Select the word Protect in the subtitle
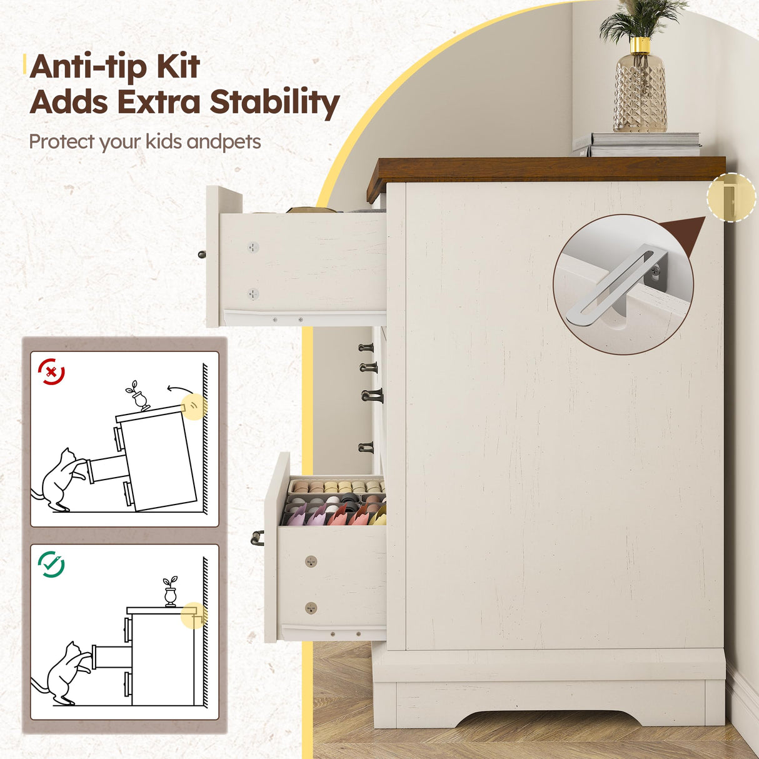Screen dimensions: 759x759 (x=63, y=142)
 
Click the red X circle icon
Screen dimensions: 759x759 (x=51, y=371)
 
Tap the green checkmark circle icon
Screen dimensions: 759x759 (x=51, y=564)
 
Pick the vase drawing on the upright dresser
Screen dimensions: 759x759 (x=171, y=591)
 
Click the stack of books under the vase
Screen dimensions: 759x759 (x=637, y=144)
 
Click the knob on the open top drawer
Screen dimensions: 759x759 (x=202, y=254)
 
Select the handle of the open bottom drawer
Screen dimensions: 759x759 (x=257, y=538)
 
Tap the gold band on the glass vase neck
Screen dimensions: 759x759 (x=640, y=45)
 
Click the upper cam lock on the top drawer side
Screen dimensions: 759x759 (x=253, y=248)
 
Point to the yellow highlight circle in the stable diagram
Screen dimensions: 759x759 (x=194, y=615)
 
